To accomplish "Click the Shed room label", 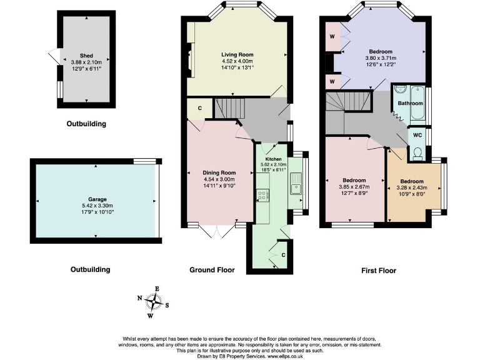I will click(86, 55).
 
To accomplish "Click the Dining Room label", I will click(219, 172).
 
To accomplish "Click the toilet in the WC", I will click(417, 152).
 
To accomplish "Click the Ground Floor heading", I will click(212, 270).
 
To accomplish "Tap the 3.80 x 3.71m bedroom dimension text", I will click(381, 58).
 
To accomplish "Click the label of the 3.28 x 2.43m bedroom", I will click(412, 182).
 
